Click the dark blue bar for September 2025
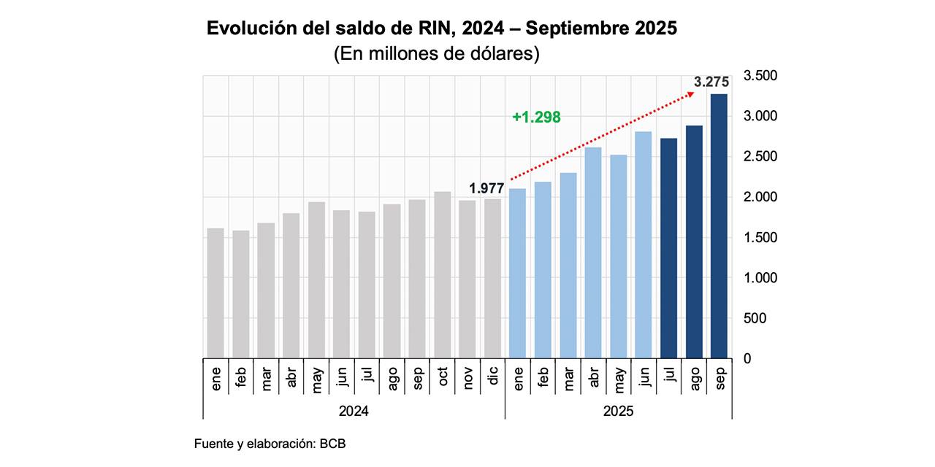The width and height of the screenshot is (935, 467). click(719, 226)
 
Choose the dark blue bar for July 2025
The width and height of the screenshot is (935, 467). click(668, 248)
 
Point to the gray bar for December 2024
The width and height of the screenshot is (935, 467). click(492, 278)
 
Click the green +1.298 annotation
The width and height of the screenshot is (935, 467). click(536, 117)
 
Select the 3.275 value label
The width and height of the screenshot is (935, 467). click(711, 83)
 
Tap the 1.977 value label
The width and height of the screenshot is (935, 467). click(486, 188)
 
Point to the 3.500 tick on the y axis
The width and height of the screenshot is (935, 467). click(760, 76)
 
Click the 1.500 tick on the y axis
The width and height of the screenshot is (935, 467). click(760, 238)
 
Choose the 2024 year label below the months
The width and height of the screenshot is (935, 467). click(354, 411)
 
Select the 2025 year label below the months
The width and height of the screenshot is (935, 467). click(618, 411)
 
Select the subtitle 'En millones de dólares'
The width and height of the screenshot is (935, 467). click(436, 55)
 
